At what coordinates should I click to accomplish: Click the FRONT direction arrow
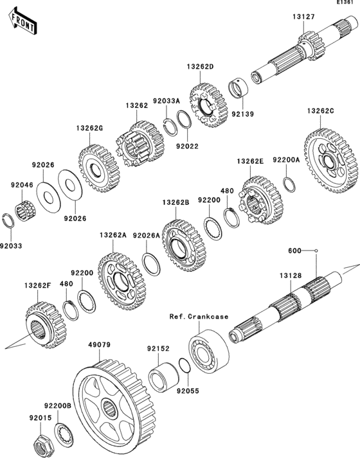click(x=22, y=22)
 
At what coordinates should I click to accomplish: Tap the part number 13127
click(x=304, y=17)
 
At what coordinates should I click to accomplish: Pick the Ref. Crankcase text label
click(x=199, y=317)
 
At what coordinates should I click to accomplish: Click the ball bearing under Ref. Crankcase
click(x=209, y=351)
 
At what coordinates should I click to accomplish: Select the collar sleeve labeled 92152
click(x=163, y=377)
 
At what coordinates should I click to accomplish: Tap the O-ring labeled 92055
click(x=184, y=365)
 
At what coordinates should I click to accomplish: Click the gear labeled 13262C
click(x=331, y=161)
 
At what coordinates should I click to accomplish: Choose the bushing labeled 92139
click(x=238, y=88)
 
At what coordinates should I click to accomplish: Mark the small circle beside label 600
click(x=316, y=251)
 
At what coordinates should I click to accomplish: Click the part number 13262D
click(x=200, y=67)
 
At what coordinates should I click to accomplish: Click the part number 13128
click(x=291, y=276)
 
